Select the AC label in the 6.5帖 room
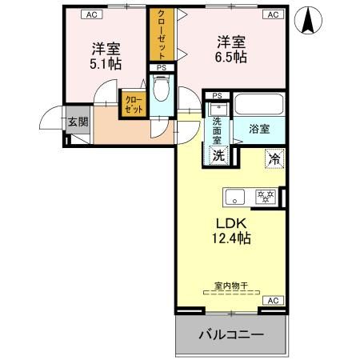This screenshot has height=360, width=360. [272, 14]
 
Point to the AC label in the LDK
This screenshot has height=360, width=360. [272, 300]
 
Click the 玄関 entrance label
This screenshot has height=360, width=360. [78, 122]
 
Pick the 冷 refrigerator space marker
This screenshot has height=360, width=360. [274, 159]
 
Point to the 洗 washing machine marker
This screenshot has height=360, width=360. [218, 156]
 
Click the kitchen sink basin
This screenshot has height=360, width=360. [235, 195]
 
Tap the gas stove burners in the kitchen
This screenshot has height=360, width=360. [265, 195]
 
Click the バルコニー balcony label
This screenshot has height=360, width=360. [230, 334]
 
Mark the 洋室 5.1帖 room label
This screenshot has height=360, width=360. [106, 54]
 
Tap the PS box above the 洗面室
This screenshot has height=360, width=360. [216, 95]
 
